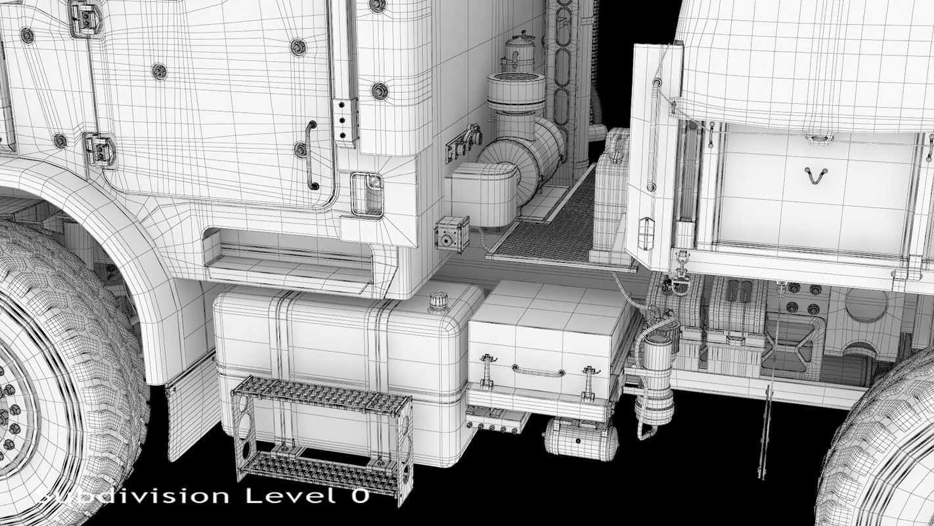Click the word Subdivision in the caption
(132, 496)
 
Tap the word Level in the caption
(290, 496)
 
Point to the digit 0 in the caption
(360, 496)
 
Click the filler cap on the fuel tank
(438, 302)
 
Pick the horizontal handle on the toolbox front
(539, 371)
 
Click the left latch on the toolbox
(487, 370)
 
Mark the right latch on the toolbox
(589, 382)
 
